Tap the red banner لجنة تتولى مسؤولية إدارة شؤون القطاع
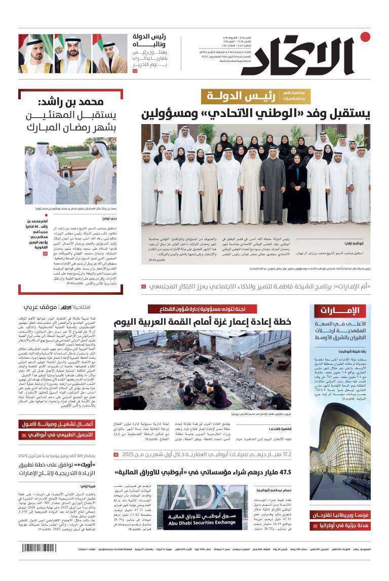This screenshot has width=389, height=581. click(x=203, y=308)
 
